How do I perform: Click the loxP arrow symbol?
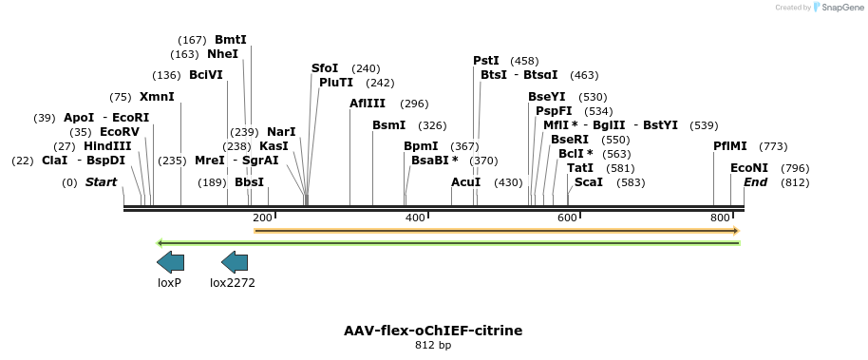(x=170, y=262)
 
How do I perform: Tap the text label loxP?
(x=169, y=282)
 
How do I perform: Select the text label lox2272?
(x=233, y=282)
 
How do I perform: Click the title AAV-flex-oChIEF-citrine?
(x=433, y=331)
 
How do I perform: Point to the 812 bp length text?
(x=433, y=346)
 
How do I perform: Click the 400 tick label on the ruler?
(x=415, y=218)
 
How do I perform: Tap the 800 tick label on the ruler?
(x=720, y=218)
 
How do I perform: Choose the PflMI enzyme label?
(x=730, y=146)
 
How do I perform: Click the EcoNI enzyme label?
(x=749, y=168)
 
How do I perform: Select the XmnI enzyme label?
(x=157, y=97)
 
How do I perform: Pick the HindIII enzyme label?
(x=107, y=146)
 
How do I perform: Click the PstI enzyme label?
(x=486, y=61)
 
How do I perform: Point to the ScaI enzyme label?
(x=589, y=182)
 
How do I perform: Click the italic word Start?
(x=103, y=182)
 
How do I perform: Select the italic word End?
(x=755, y=182)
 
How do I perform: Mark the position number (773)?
(x=774, y=146)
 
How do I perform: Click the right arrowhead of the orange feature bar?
(x=735, y=231)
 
